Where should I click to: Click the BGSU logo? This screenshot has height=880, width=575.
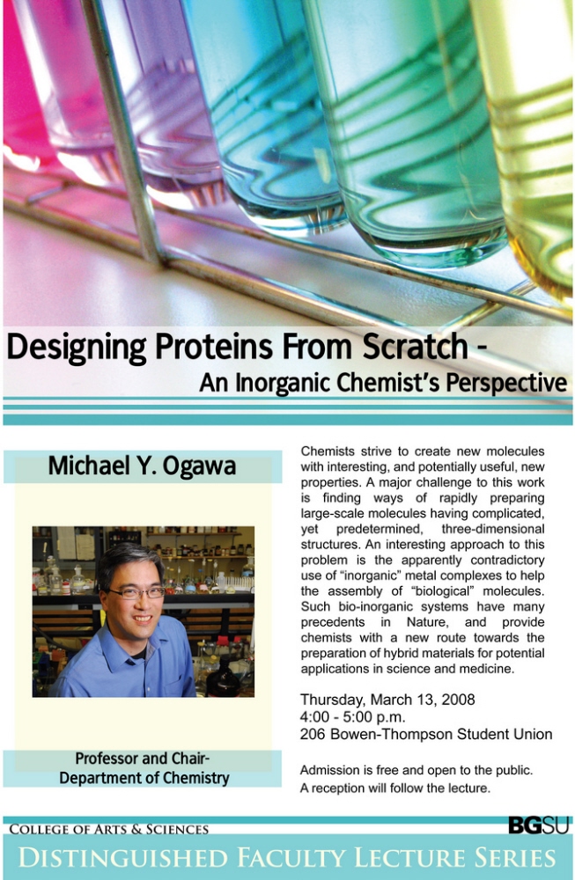(x=539, y=825)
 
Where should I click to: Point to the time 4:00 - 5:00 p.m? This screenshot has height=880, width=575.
(x=352, y=717)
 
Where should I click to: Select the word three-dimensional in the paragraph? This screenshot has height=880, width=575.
(x=493, y=529)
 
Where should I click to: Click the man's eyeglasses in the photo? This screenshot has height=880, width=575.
(x=137, y=592)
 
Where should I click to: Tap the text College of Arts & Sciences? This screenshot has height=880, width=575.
(x=109, y=830)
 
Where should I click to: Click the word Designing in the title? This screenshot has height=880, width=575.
(x=77, y=348)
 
